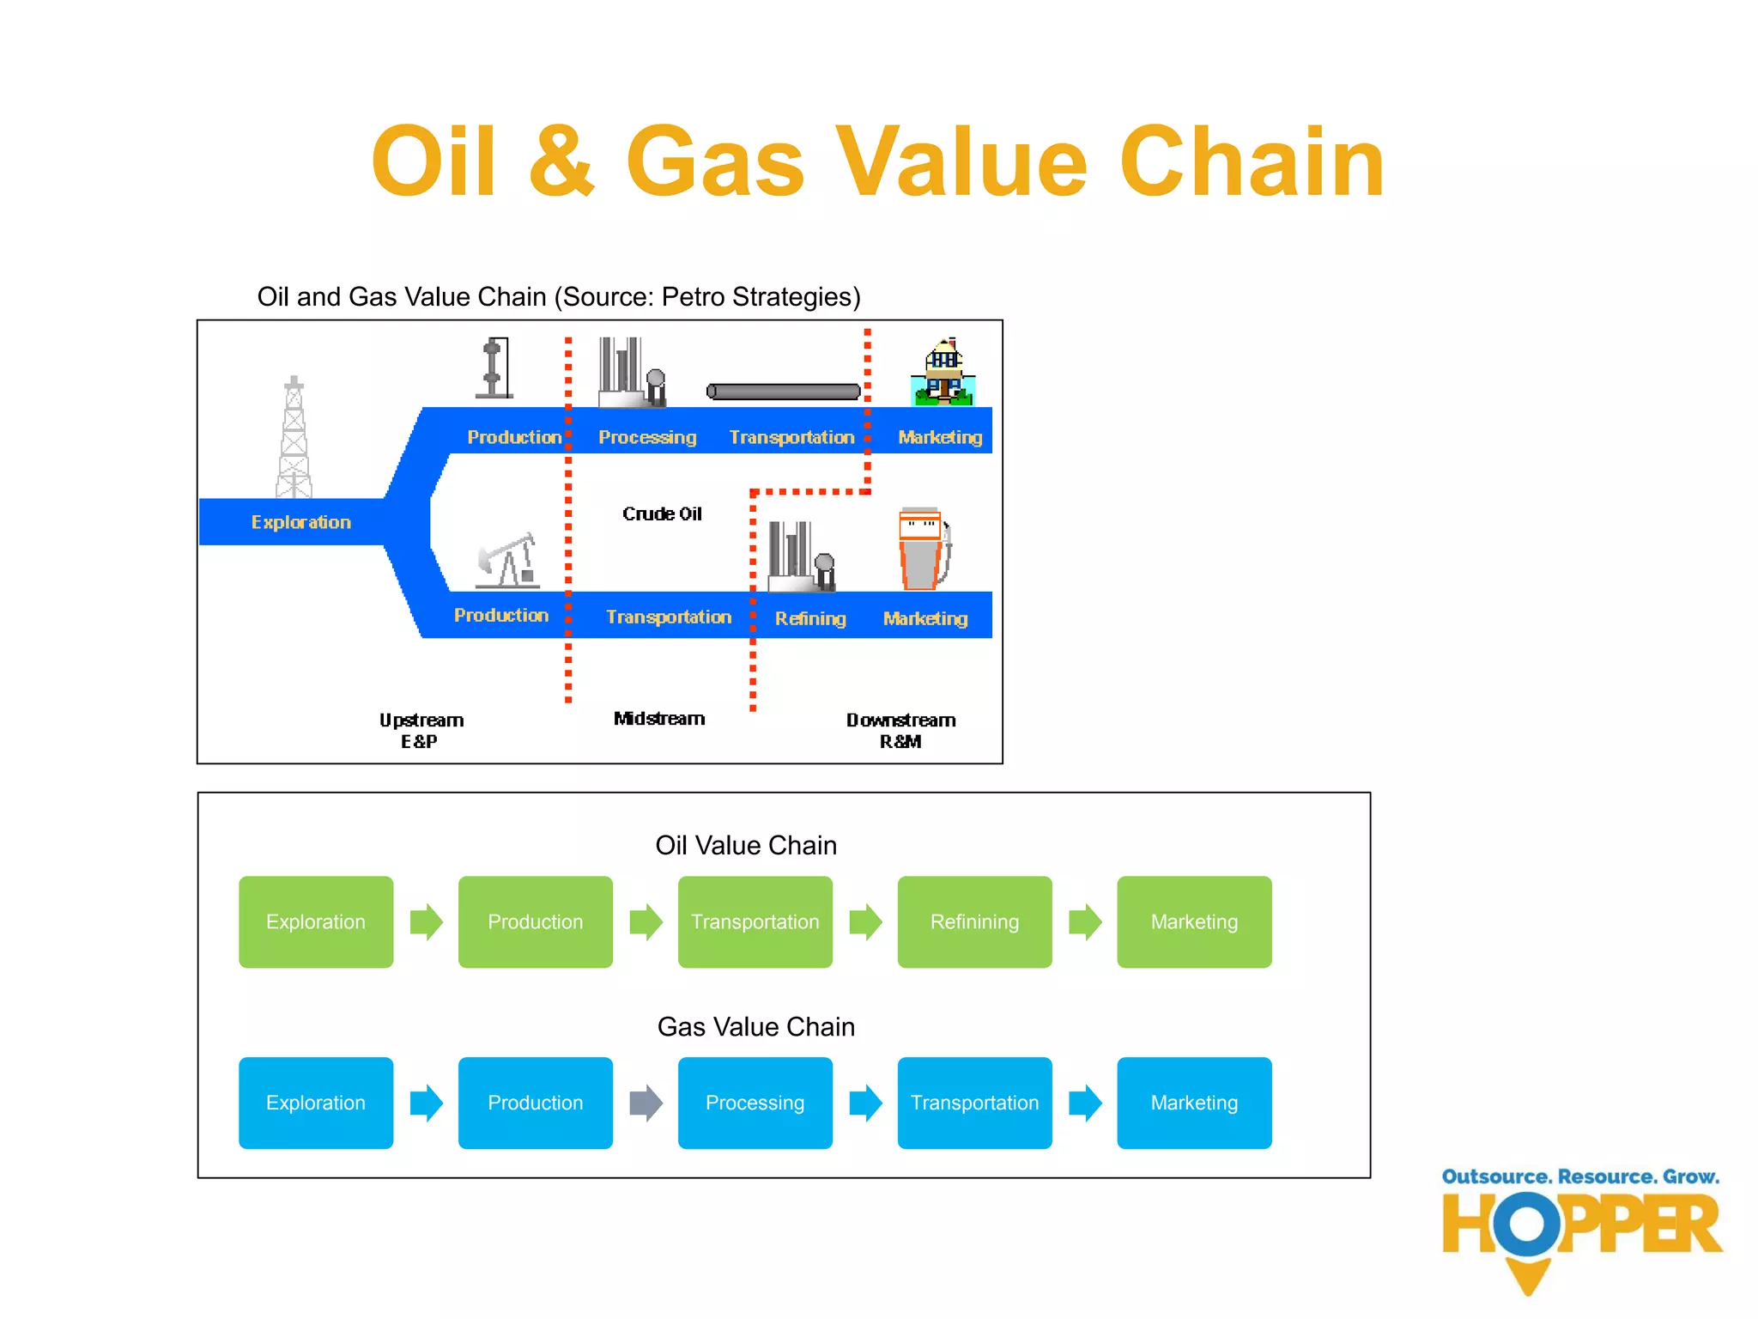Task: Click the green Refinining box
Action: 974,921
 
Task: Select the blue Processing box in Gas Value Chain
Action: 755,1103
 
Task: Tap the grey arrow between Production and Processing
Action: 646,1103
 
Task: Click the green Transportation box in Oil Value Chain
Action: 755,921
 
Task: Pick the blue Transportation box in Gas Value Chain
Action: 974,1103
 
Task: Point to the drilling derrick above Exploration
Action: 294,438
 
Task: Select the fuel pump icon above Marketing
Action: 923,550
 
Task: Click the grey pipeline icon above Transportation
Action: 783,392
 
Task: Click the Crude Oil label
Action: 662,514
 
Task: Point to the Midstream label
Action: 659,719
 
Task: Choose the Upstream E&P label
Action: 421,730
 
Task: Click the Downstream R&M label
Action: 900,730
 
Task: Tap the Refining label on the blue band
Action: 810,618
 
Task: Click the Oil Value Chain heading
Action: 745,845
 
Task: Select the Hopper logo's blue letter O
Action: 1526,1224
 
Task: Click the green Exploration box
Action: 316,921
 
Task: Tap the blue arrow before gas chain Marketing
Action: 1085,1103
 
